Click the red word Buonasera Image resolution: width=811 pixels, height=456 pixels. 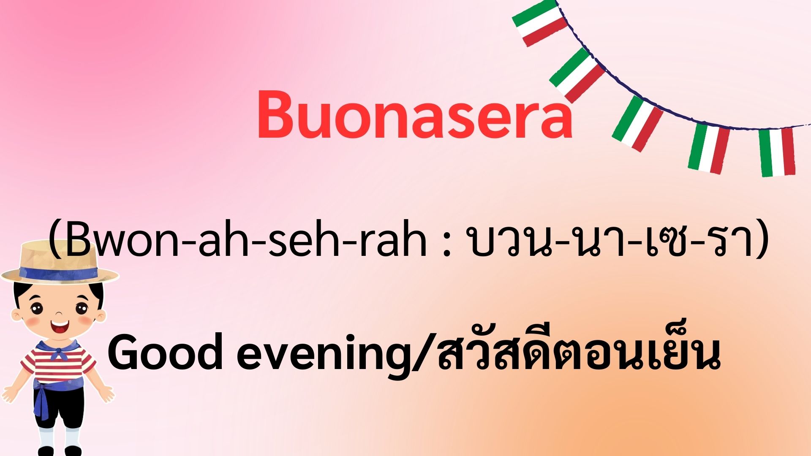pyautogui.click(x=414, y=114)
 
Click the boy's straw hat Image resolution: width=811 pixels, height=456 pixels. pyautogui.click(x=59, y=262)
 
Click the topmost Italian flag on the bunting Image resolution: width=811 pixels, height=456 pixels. pyautogui.click(x=540, y=23)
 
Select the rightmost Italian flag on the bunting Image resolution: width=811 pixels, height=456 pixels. pyautogui.click(x=777, y=152)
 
